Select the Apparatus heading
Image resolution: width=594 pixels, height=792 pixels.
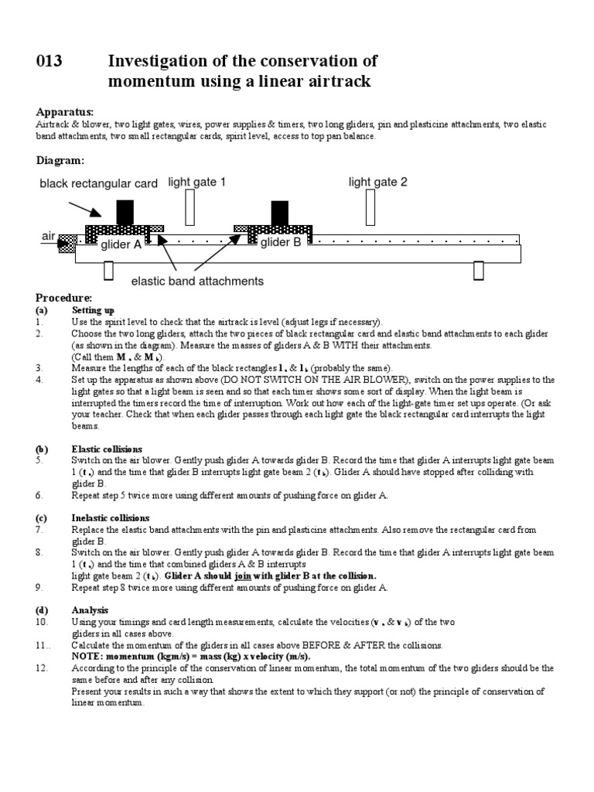click(64, 111)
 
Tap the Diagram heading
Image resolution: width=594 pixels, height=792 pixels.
click(60, 161)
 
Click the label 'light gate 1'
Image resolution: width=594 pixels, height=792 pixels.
click(197, 183)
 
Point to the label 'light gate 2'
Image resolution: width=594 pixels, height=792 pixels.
click(377, 183)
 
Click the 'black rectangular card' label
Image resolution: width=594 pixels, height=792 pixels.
click(99, 184)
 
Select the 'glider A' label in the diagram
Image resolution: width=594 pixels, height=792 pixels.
click(121, 244)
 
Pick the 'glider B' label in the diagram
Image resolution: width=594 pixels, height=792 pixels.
click(281, 243)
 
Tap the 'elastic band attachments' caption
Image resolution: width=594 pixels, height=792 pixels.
click(197, 282)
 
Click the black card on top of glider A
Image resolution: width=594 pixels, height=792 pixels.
click(125, 212)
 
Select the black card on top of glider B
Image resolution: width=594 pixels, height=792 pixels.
click(279, 212)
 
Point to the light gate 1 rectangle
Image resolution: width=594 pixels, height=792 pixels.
click(190, 207)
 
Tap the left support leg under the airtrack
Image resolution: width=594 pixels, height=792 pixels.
click(108, 271)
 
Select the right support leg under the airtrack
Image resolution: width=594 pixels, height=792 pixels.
click(479, 271)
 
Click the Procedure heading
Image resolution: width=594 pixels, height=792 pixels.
click(64, 299)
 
